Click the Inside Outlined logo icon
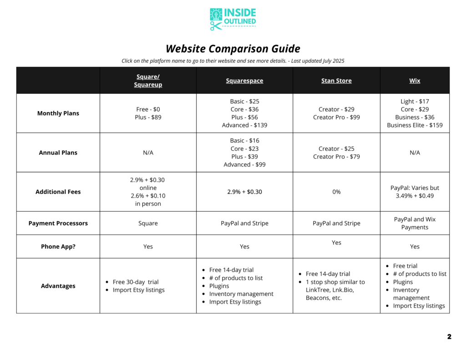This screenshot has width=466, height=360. pos(216,20)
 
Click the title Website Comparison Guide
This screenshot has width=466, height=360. pos(233,49)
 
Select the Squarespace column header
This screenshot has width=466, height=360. pos(244,81)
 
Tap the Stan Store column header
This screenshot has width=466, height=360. pos(336,81)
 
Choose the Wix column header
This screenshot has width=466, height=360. pos(415,81)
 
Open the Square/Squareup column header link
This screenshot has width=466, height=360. pos(148,81)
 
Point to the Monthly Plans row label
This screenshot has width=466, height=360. pos(58,113)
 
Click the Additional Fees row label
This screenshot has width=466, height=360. pos(58,192)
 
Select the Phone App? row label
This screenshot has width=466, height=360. pos(58,246)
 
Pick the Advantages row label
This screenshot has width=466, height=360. pos(58,286)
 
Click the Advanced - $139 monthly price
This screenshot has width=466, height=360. pos(244,125)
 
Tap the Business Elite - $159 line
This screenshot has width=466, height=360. pos(415,125)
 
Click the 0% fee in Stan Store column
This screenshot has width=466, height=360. pos(336,192)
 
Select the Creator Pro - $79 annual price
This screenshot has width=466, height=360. pos(336,157)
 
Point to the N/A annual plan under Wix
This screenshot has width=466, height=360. pos(415,152)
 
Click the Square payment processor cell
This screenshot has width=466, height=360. pos(148,223)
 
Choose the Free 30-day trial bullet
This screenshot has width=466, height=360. pos(136,282)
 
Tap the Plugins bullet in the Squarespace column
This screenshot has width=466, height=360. pos(219,286)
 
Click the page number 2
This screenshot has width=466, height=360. pos(449,337)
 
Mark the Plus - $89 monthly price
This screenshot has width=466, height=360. pos(148,117)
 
